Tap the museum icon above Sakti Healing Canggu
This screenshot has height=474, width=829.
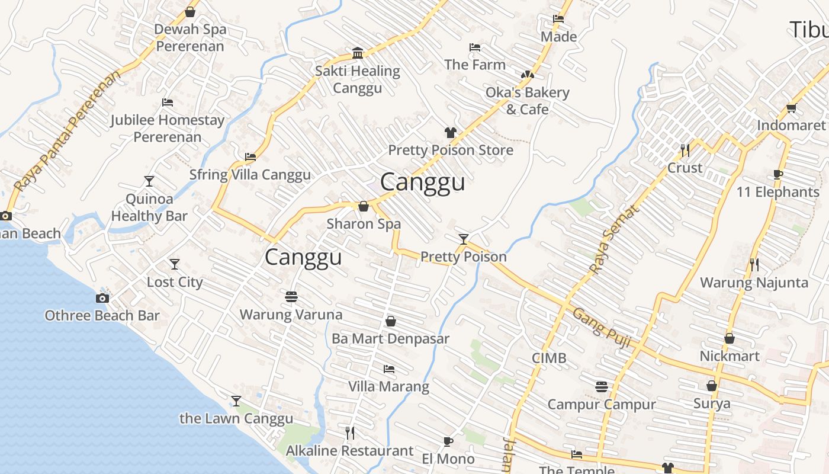tap(358, 53)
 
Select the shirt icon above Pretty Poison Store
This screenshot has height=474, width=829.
tap(451, 133)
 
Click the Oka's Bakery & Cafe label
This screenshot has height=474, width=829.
tap(527, 101)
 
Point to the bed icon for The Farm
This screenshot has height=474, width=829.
tap(475, 47)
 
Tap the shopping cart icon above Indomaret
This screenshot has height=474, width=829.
tap(791, 108)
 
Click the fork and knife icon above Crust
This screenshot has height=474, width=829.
tap(685, 150)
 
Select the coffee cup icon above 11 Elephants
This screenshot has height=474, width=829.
tap(778, 174)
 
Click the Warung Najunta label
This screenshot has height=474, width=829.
tap(754, 283)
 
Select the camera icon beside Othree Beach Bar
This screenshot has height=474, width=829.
tap(102, 298)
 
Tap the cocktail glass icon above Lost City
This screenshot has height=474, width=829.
tap(175, 264)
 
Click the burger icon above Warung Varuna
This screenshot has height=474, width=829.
tap(291, 296)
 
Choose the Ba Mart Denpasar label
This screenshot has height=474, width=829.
tap(390, 339)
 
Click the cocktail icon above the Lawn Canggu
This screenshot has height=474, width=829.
tap(236, 401)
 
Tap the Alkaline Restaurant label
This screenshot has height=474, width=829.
tap(349, 451)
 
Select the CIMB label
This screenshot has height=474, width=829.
tap(549, 358)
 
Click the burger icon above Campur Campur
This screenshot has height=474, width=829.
tap(602, 387)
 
